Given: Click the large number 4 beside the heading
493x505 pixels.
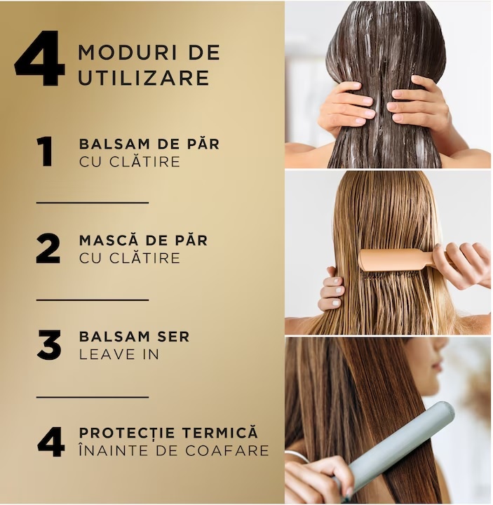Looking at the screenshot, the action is (x=40, y=58).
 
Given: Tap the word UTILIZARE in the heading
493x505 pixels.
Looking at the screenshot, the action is (x=144, y=78).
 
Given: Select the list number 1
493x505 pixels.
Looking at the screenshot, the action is (x=46, y=151).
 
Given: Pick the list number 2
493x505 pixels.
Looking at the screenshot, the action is (x=48, y=248).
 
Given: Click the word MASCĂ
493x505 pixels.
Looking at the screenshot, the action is (x=109, y=240).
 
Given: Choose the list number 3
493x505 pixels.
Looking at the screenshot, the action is (x=48, y=344).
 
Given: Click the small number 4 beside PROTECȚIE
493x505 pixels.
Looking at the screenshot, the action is (x=50, y=442).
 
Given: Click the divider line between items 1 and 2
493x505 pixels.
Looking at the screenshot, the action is (x=93, y=203).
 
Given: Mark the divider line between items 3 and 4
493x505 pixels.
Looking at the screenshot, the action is (x=93, y=397).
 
